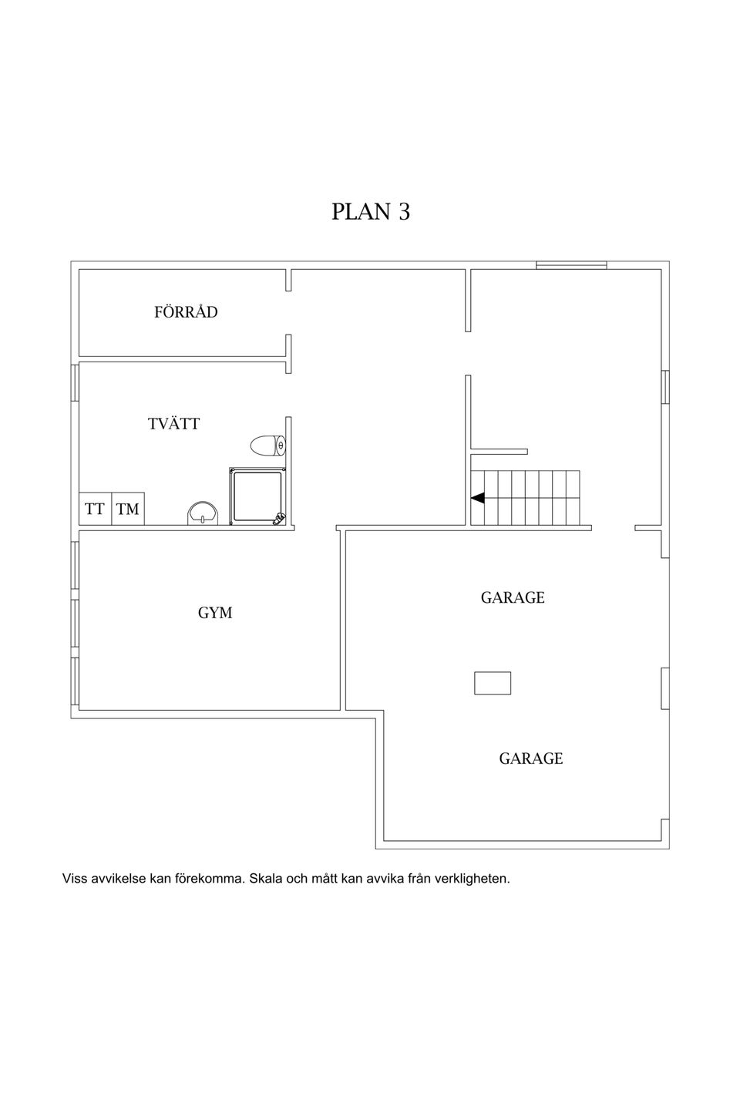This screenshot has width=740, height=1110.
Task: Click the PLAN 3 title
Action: coord(370,211)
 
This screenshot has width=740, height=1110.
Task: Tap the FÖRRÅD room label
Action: coord(186,311)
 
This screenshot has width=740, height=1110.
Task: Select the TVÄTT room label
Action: coord(173,424)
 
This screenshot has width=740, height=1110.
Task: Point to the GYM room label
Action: coord(215,613)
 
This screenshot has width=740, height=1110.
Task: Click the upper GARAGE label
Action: coord(513,597)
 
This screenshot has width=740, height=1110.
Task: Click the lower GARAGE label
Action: coord(531,758)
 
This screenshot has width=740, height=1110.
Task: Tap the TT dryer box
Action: coord(95,509)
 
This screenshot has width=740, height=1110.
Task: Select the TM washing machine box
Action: coord(128,509)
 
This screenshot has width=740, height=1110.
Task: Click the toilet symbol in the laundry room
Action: coord(268,446)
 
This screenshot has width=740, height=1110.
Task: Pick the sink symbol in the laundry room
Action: coord(202,513)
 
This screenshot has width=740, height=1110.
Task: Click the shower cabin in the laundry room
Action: coord(257,496)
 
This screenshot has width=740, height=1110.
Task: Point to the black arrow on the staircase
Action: coord(477,498)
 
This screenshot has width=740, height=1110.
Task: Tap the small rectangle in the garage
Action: coord(492,683)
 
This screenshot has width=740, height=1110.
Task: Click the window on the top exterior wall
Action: coord(571,265)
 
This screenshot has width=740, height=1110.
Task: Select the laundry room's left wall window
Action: coord(74,382)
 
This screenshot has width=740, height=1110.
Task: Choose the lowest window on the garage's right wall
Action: coord(665,688)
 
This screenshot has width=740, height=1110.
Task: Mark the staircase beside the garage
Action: coord(525,497)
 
